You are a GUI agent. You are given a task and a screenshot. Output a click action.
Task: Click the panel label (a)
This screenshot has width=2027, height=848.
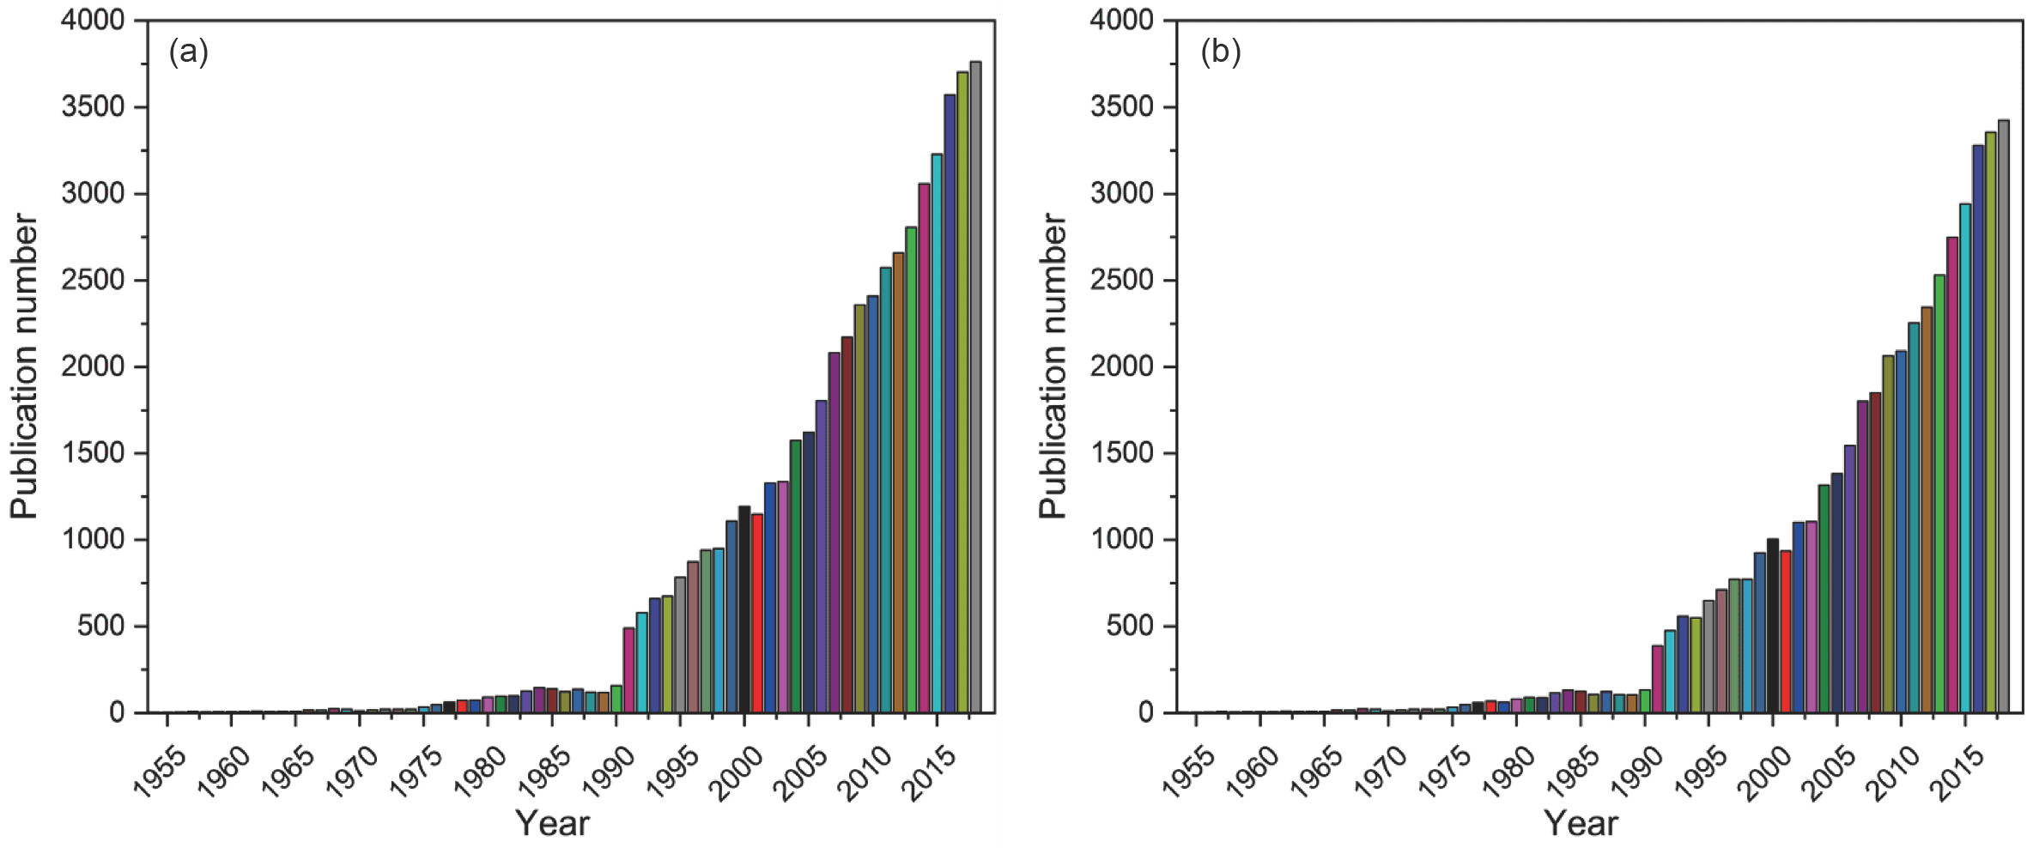(x=189, y=53)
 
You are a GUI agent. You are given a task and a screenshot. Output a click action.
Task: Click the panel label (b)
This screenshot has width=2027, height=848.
(x=1220, y=53)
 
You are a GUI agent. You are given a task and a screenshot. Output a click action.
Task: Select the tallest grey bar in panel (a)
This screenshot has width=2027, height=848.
(x=975, y=386)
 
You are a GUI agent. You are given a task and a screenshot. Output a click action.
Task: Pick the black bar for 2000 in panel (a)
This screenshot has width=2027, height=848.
(x=744, y=609)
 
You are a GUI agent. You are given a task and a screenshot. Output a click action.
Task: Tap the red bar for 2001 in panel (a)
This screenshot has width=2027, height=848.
(x=757, y=613)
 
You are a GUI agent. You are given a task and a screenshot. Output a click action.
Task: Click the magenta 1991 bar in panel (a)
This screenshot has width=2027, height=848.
(x=628, y=669)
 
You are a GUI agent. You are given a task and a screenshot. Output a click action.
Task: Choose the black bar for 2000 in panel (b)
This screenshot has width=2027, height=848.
(x=1773, y=626)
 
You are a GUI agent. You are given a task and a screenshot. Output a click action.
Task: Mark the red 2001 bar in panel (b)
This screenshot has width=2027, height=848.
(x=1786, y=631)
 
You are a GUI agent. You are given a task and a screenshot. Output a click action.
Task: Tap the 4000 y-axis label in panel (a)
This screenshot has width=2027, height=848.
(x=93, y=21)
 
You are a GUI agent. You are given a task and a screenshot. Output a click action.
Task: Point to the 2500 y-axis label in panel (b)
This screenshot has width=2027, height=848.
(x=1121, y=281)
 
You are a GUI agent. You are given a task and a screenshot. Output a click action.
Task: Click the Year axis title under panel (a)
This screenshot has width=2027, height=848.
(x=552, y=824)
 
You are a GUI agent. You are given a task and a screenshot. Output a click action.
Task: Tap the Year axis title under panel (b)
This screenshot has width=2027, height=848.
(x=1581, y=824)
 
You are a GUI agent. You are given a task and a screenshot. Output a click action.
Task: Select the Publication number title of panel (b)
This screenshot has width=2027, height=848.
(x=1053, y=366)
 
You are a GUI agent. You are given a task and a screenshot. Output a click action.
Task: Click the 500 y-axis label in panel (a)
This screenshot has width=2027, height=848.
(x=101, y=626)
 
